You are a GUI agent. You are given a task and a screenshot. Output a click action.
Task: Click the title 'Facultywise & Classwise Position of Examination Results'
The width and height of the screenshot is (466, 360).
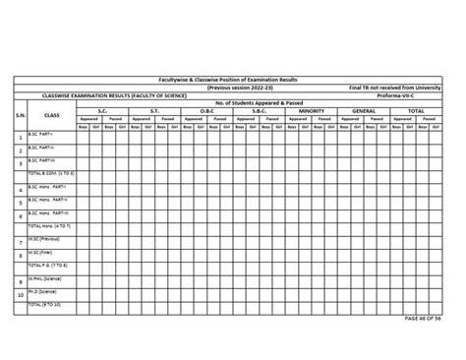point(233,79)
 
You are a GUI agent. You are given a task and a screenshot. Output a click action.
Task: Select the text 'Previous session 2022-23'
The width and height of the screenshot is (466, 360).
point(233,87)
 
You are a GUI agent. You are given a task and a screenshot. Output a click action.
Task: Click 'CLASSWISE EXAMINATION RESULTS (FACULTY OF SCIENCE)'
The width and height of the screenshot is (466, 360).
point(105,94)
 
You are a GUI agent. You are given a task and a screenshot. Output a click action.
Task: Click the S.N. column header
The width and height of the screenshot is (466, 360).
point(20,114)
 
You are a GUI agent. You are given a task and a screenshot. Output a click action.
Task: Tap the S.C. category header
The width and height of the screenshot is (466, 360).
point(102,110)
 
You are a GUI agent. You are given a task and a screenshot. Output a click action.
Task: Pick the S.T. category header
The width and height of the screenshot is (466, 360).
point(154,110)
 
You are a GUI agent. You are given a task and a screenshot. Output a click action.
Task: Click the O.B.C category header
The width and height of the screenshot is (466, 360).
point(206,110)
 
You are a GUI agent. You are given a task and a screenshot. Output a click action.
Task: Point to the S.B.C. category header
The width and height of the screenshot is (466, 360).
point(259,110)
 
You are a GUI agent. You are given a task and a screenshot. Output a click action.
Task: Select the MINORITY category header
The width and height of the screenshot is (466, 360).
point(311,110)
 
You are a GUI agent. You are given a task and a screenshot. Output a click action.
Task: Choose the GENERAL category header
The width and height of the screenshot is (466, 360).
point(363,110)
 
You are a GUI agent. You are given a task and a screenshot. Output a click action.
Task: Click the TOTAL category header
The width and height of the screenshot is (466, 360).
point(416,110)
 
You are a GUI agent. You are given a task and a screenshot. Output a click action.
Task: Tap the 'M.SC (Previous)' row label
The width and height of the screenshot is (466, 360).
point(45,238)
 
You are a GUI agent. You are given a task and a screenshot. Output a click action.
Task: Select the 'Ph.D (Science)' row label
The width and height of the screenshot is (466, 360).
point(45,292)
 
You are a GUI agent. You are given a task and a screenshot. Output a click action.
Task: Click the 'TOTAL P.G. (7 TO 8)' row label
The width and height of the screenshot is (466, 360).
point(48,265)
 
